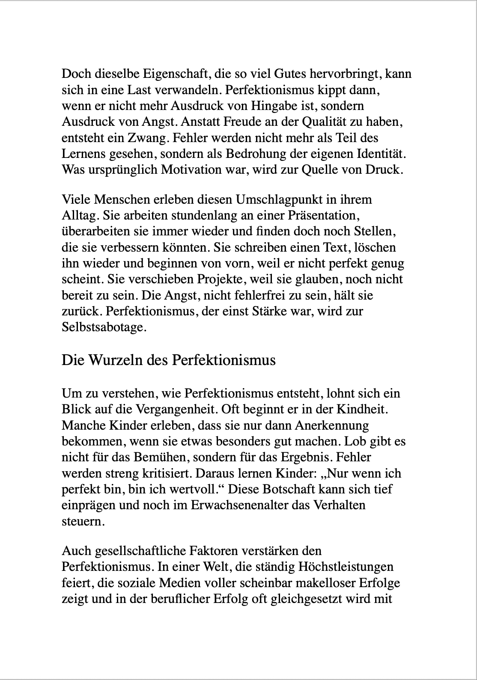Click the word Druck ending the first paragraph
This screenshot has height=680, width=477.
click(384, 169)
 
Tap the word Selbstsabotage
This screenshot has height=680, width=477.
click(104, 327)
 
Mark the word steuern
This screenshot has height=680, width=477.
click(83, 521)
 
